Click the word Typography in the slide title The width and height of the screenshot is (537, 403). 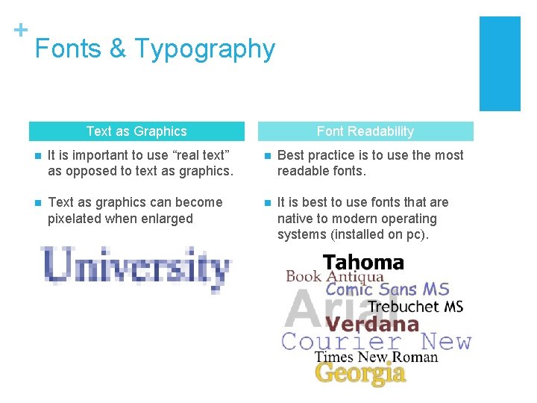pos(205,49)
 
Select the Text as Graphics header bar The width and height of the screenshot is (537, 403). pos(136,131)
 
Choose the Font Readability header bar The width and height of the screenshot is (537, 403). pos(365,131)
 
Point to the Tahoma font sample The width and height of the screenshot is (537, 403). pos(363,263)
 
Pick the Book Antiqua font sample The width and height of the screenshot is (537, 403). pos(335,276)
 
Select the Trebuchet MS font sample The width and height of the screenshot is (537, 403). pos(415,306)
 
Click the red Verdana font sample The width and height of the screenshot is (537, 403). pos(372,324)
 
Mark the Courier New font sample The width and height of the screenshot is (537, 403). pos(377,342)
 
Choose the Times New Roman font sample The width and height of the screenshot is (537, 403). pos(376,357)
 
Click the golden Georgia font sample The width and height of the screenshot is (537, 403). pos(360,372)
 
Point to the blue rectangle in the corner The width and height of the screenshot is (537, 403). pos(499,63)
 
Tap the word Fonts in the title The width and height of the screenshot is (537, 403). pos(68,49)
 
